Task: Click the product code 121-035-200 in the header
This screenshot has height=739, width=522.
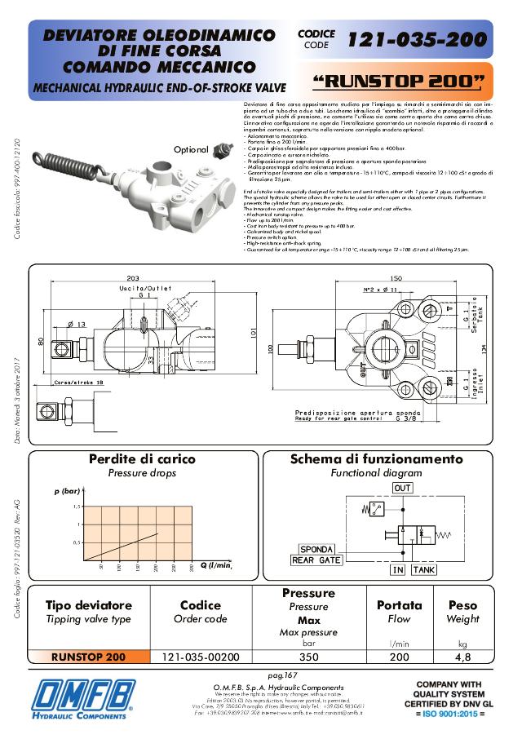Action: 417,39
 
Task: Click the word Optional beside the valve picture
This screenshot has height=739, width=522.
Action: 192,149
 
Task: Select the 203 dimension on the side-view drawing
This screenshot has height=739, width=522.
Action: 133,277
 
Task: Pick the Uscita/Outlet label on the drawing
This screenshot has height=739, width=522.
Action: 146,290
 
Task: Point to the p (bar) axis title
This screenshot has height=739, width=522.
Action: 67,492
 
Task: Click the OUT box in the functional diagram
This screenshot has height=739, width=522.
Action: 402,488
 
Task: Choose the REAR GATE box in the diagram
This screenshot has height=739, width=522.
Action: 316,560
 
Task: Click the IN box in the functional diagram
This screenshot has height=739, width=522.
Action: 397,570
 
